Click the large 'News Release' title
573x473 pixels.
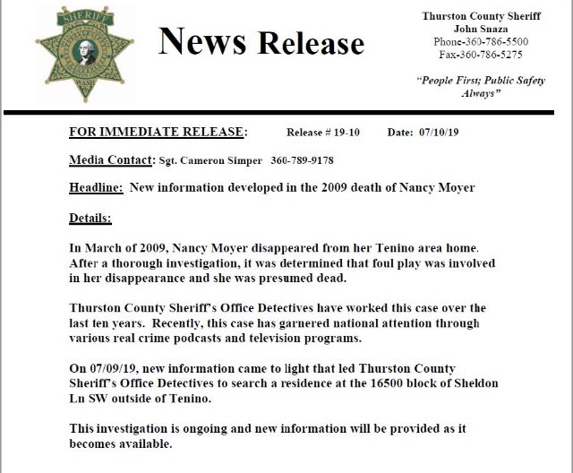pyautogui.click(x=261, y=41)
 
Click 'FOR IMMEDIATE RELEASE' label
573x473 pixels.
pyautogui.click(x=155, y=133)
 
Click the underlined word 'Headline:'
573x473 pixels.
pyautogui.click(x=96, y=188)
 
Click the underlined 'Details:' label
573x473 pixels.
pyautogui.click(x=90, y=218)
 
